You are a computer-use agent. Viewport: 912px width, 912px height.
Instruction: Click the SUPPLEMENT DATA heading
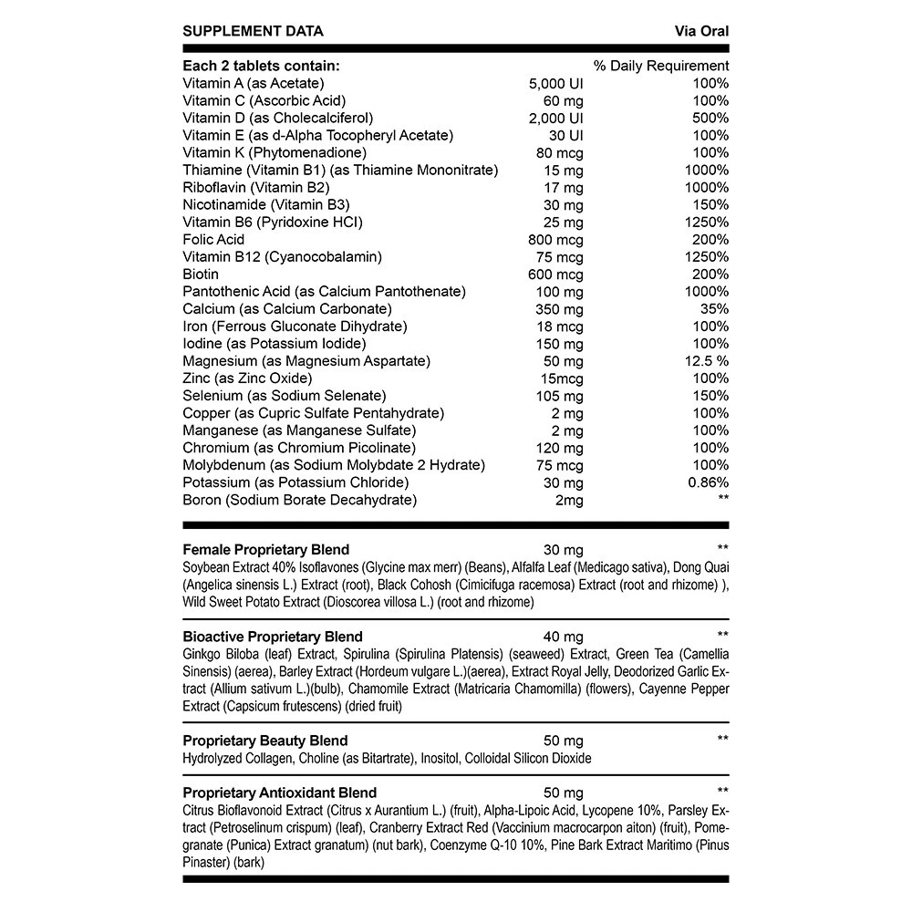click(253, 31)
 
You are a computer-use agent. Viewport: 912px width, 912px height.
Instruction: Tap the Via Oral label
click(700, 31)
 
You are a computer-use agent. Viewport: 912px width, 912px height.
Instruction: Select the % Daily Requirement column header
click(661, 66)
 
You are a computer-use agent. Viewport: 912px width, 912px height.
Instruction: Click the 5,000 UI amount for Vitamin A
click(555, 83)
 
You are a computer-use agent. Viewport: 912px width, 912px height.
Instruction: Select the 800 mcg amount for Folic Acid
click(555, 240)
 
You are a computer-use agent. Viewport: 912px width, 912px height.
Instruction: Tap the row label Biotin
click(201, 275)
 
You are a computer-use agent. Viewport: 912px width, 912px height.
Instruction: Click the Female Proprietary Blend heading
click(265, 550)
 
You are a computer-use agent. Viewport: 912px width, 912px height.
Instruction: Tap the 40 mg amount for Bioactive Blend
click(562, 637)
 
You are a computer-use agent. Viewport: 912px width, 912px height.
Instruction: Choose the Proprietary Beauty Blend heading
click(264, 741)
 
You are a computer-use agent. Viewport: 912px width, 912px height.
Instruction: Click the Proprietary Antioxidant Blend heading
click(279, 793)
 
